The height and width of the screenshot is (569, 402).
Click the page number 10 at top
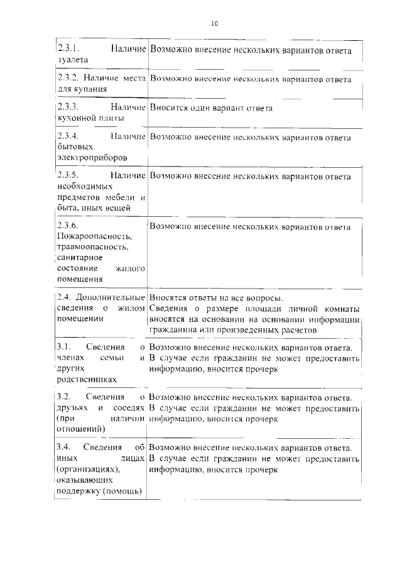[214, 23]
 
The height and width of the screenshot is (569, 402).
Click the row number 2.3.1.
[67, 49]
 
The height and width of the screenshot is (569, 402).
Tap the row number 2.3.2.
[67, 79]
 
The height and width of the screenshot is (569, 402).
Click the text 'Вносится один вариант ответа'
[211, 108]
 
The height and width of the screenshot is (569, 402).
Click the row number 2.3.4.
[67, 136]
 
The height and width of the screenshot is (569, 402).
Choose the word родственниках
[86, 379]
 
